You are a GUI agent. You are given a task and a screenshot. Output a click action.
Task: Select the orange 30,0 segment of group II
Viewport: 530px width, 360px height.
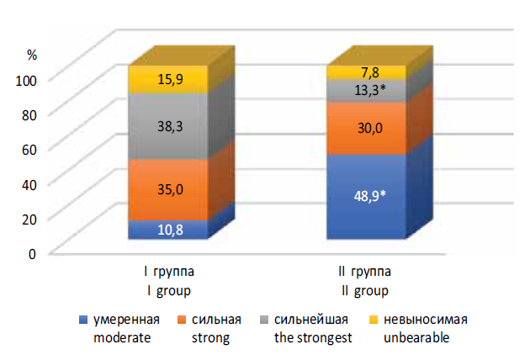[367, 128]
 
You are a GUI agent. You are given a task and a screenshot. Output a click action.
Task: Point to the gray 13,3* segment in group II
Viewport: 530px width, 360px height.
[367, 90]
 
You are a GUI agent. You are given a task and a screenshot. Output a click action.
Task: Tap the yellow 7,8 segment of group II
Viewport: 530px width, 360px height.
[367, 71]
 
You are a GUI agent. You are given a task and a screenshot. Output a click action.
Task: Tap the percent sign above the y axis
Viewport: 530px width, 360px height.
[32, 54]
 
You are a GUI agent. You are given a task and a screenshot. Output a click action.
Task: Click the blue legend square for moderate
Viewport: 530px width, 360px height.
[82, 320]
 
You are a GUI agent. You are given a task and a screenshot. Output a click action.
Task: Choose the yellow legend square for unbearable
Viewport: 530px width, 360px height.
[373, 320]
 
